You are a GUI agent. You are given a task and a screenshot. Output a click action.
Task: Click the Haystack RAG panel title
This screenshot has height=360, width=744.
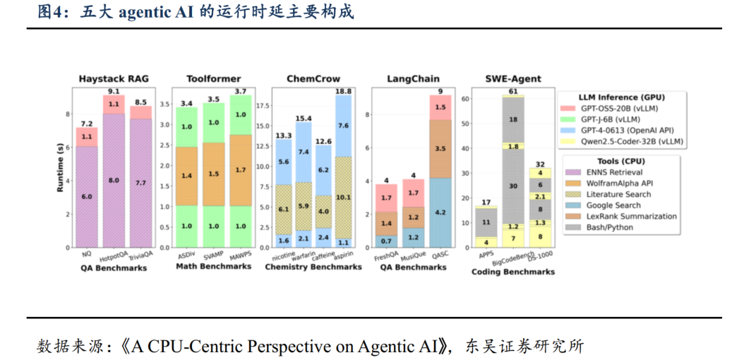(x=114, y=78)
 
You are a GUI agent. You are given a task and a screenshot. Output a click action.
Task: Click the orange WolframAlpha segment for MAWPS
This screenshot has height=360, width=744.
(x=240, y=170)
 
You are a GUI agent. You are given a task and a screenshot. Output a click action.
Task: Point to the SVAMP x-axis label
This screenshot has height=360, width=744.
(x=213, y=256)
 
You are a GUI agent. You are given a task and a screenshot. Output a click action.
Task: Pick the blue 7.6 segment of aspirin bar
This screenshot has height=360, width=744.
(x=343, y=126)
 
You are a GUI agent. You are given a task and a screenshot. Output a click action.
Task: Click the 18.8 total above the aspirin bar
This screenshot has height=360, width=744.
(x=343, y=92)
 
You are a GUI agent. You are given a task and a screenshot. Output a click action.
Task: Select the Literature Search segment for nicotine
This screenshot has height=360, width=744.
(x=284, y=210)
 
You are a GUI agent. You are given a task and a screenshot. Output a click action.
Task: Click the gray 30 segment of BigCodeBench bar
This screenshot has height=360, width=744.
(x=513, y=186)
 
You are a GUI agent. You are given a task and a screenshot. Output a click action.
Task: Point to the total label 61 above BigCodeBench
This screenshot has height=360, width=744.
(x=513, y=92)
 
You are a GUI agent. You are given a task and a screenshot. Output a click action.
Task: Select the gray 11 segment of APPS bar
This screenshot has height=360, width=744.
(x=486, y=222)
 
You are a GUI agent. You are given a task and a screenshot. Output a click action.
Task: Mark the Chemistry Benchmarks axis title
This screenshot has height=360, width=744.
(x=313, y=268)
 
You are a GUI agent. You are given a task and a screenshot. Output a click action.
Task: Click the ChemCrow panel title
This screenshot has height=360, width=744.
(x=313, y=78)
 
